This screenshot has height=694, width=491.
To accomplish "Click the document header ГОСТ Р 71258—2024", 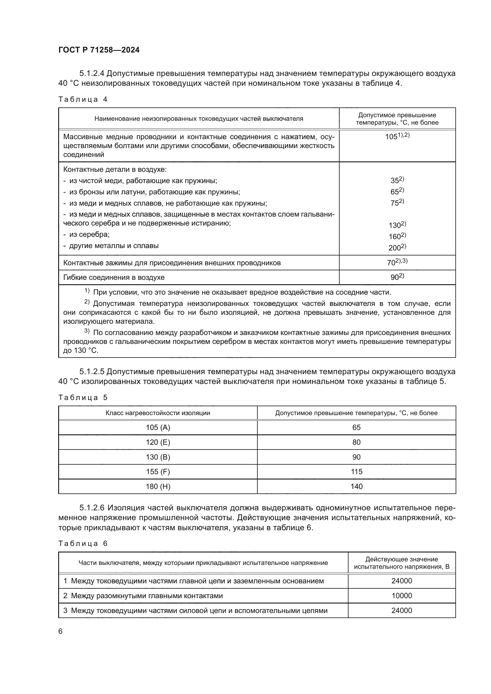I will point(99,50).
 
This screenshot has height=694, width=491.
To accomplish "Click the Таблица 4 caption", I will point(83,99).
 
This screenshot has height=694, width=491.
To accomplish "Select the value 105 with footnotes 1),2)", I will point(397,136).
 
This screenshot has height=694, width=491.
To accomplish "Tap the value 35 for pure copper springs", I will point(397,180).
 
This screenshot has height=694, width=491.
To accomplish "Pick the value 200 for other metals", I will point(397,247).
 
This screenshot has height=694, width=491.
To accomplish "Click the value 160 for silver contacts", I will point(397,236).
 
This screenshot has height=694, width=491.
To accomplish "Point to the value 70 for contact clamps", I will point(397,262).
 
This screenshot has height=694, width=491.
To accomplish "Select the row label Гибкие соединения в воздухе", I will point(114,277).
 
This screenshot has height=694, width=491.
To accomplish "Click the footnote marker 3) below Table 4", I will point(87,331).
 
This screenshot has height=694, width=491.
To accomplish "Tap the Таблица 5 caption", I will point(83,398).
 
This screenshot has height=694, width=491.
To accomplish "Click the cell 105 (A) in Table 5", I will point(158,427).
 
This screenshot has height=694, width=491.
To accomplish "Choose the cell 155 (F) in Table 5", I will point(158,471).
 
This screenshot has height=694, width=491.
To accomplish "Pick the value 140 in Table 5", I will point(357,486).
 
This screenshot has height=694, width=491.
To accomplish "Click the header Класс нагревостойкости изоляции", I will point(158,413).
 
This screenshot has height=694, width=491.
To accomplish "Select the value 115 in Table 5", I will point(357,471).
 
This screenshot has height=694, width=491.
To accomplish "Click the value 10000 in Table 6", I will point(402,596).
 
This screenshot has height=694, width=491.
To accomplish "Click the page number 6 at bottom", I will point(60,631).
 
